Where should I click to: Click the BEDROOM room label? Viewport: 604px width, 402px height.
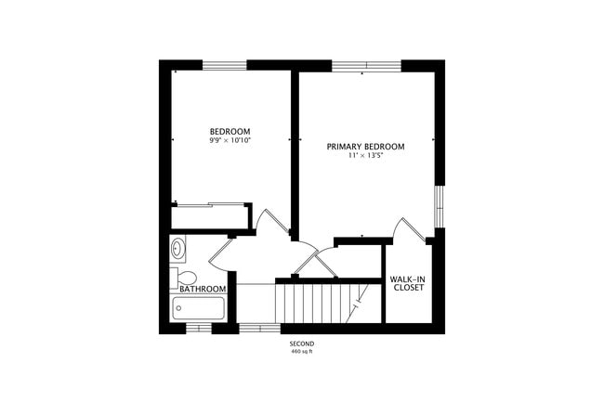pos(230,131)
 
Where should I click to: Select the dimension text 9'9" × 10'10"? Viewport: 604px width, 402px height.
pos(230,140)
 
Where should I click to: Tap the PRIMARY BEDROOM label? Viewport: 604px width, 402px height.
pos(365,147)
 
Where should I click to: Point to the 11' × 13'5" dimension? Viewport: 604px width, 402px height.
pos(365,156)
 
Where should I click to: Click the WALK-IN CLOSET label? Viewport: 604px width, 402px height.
pos(407,283)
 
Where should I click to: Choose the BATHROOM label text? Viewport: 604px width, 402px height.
pos(203,289)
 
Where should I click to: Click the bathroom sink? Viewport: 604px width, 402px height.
pos(178,248)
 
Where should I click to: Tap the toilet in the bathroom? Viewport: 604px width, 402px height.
pos(184,277)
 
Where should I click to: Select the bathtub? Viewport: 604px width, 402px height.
pos(199,308)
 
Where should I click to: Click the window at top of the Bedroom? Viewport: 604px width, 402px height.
pos(225,65)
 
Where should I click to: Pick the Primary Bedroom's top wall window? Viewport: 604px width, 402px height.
pos(366,65)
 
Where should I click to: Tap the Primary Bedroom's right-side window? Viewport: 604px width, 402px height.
pos(440,206)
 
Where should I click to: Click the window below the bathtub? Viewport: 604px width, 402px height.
pos(199,327)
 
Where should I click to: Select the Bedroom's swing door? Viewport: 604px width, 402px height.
pos(272,223)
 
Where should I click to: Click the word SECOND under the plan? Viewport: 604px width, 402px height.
pos(302,344)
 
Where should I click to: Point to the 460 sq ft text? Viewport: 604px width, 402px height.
pos(302,352)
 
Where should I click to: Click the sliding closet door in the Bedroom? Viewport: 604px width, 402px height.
pos(211,204)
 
